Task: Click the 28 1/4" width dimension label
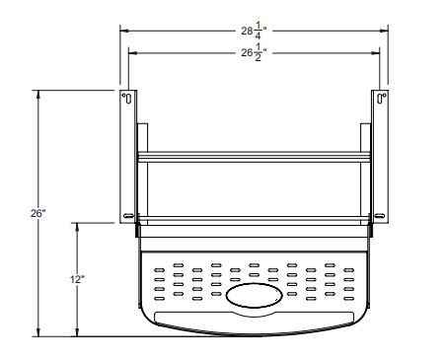tap(253, 31)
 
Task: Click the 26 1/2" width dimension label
tap(253, 52)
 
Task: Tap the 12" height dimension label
tap(77, 279)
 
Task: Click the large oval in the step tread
tap(253, 295)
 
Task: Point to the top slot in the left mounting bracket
tap(126, 98)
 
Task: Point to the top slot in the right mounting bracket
tap(381, 98)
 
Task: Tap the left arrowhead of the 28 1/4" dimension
tap(123, 31)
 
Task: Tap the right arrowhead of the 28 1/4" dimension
tap(384, 31)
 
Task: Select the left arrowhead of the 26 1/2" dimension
tap(131, 52)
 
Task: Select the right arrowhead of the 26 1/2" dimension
tap(376, 52)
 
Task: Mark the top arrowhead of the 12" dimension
tap(77, 225)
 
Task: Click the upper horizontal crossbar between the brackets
tap(254, 157)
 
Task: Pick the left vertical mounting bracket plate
tap(127, 158)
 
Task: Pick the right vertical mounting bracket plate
tap(381, 158)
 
